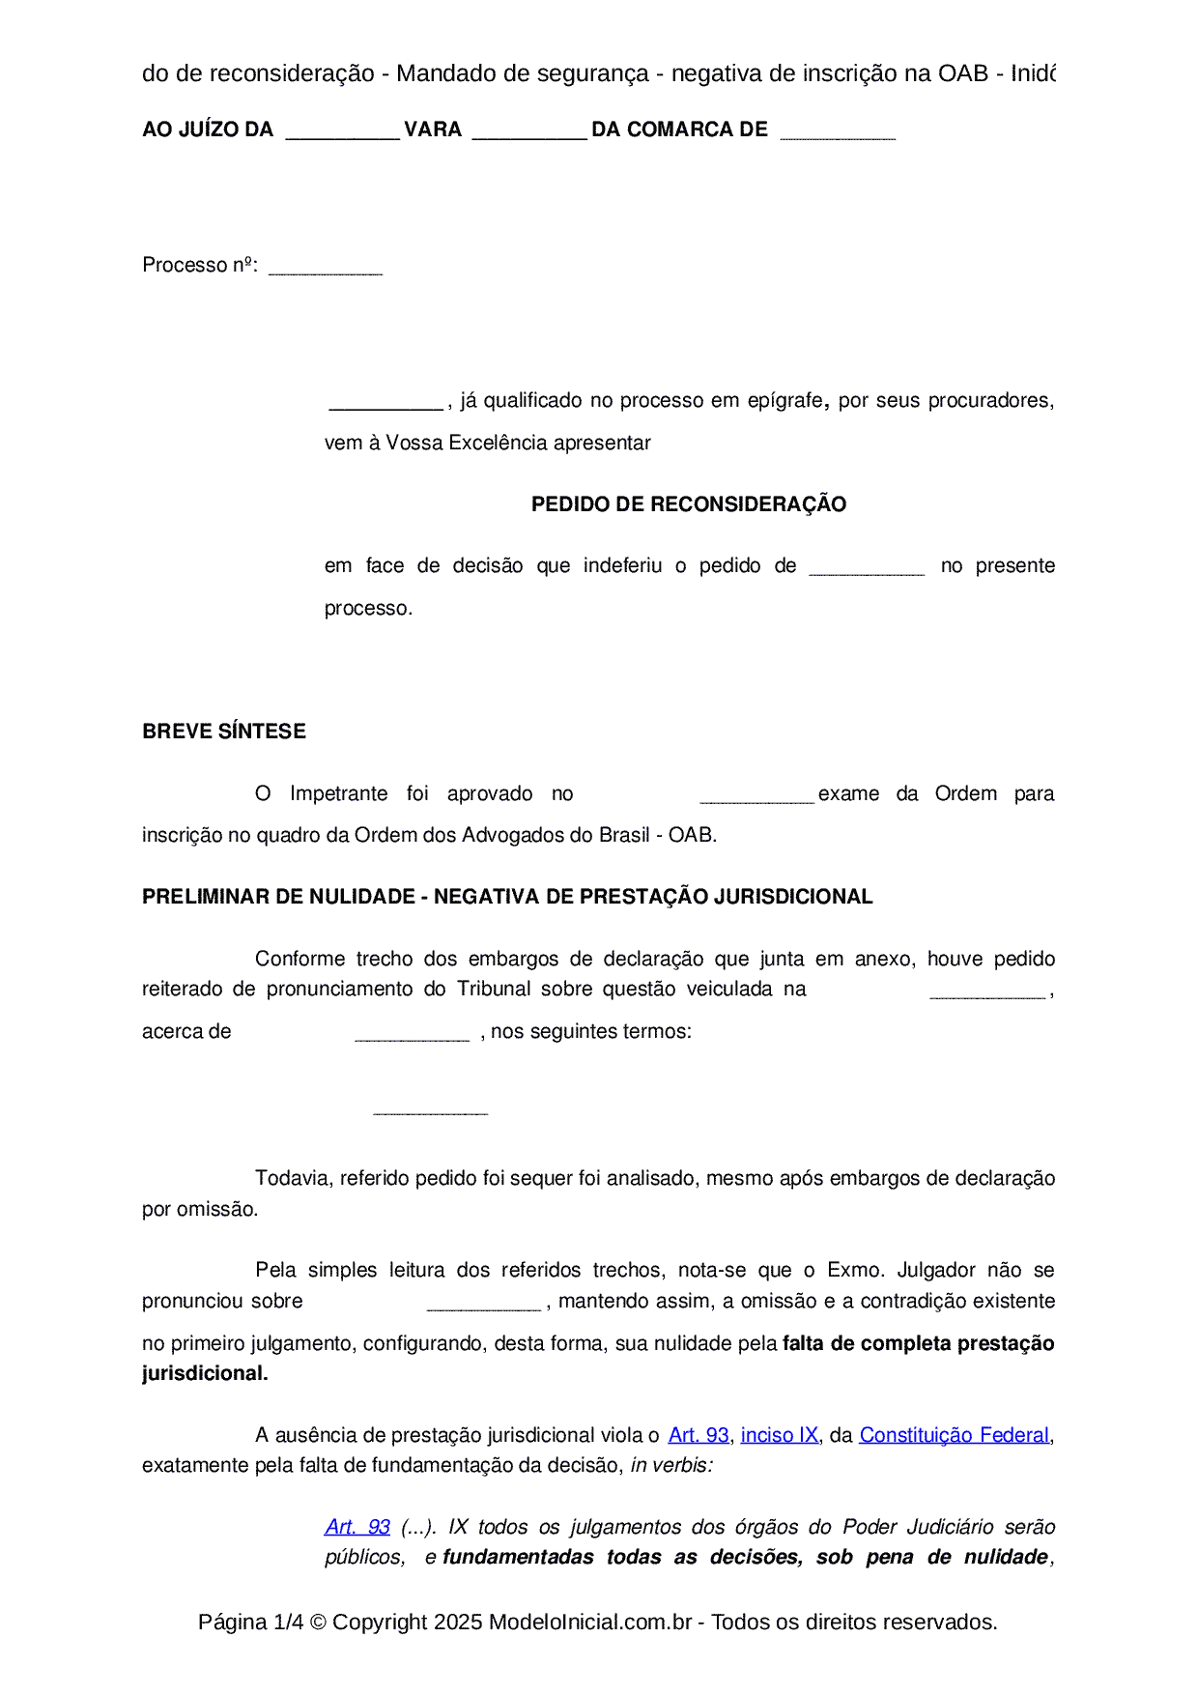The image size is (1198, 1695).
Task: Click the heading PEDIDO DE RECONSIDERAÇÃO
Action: point(688,504)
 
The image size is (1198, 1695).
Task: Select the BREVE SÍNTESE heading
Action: point(224,732)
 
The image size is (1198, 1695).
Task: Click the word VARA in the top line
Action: point(433,129)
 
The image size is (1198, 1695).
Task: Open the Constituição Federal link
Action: point(954,1435)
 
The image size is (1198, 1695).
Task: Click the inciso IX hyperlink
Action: point(779,1435)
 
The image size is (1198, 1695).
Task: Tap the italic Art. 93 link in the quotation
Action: point(357,1527)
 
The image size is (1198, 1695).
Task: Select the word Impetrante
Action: point(338,793)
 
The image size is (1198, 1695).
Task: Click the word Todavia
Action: point(292,1178)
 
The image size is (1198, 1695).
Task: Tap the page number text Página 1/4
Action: point(250,1622)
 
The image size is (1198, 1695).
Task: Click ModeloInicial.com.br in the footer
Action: point(590,1622)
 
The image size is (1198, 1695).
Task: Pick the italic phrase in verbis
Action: point(671,1465)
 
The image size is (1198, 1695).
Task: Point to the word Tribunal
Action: point(494,989)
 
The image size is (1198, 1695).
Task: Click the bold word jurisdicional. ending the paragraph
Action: point(205,1373)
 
